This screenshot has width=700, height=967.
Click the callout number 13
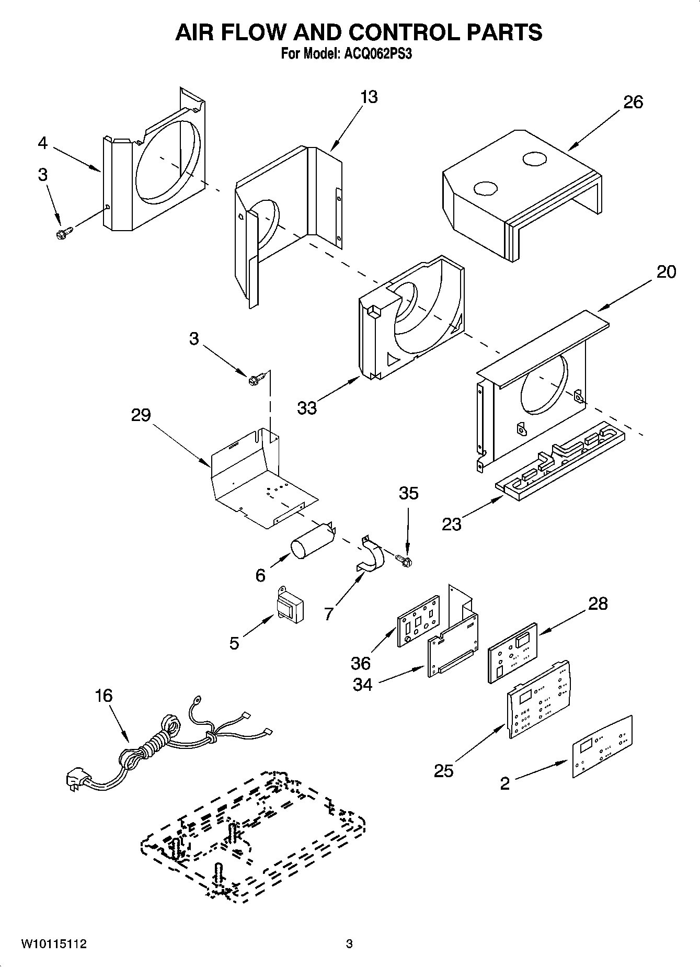click(369, 97)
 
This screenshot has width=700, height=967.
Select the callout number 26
click(633, 102)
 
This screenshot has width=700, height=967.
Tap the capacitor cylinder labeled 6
click(310, 546)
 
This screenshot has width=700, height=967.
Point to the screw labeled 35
click(404, 560)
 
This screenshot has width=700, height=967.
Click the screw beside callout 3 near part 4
click(64, 232)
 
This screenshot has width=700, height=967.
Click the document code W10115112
click(54, 944)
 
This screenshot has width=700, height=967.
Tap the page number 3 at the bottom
click(349, 944)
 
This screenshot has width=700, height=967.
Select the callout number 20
click(665, 272)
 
